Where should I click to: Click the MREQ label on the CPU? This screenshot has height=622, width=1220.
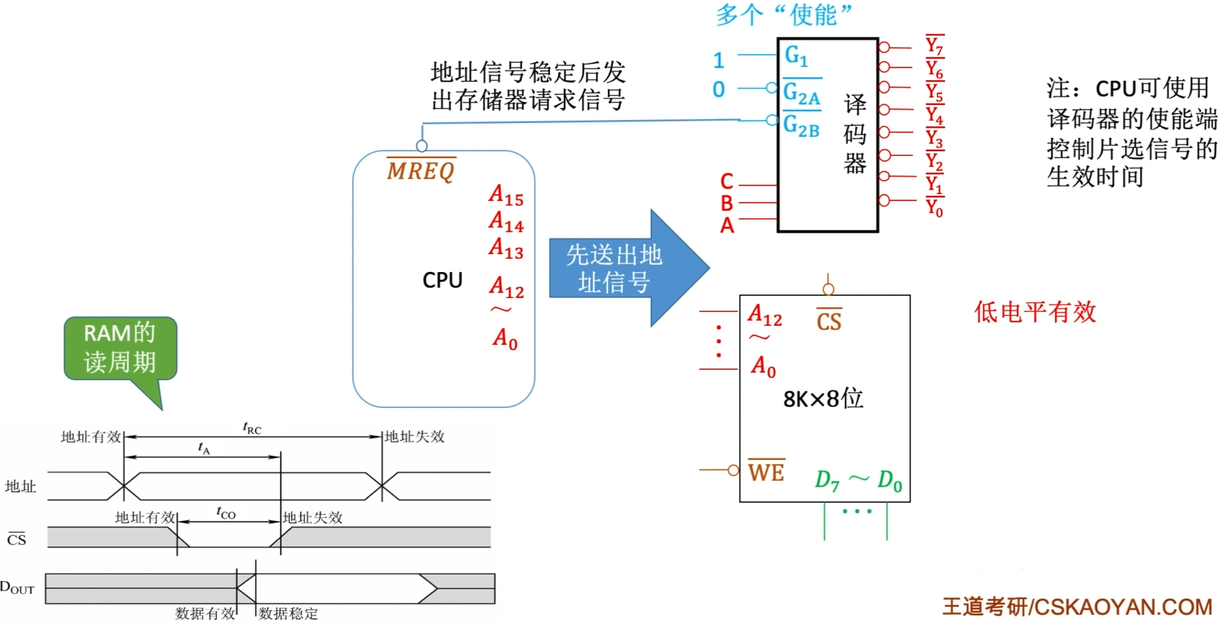coord(421,170)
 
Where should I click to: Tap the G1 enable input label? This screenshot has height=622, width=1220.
coord(796,55)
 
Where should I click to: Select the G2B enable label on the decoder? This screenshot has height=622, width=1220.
coord(801,126)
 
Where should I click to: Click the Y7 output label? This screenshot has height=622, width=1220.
coord(934,46)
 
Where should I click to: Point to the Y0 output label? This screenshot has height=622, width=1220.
coord(934,207)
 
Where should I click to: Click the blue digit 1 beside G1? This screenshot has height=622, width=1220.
coord(718,61)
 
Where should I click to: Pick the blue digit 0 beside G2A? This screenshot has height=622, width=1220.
coord(718,90)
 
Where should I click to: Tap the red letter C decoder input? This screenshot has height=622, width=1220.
coord(727,182)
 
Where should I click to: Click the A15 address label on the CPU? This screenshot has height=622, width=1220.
coord(506,195)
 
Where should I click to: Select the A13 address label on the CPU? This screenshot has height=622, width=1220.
coord(506,248)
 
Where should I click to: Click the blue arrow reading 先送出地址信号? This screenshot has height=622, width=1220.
coord(615,269)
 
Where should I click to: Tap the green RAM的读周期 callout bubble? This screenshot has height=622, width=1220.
coord(120,348)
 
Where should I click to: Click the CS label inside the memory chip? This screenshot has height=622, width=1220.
coord(828,321)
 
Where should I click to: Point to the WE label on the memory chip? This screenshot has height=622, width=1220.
coord(766,472)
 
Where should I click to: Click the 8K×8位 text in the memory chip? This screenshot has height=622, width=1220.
coord(823,398)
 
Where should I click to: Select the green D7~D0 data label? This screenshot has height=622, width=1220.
coord(858,480)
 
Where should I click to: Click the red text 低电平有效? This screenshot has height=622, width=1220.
coord(1034,312)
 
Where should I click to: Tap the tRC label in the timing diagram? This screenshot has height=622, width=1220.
coord(252,428)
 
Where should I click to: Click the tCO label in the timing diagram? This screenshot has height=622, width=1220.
coord(226,512)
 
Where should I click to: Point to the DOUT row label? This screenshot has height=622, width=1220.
coord(17,588)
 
